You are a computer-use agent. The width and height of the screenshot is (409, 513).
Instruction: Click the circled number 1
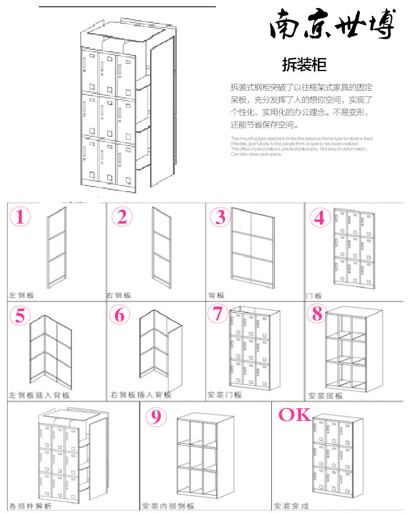pos(20,217)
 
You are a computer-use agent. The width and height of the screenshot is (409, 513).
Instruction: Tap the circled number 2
pos(122,217)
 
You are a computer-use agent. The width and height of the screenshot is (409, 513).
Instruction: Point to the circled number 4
pos(320,218)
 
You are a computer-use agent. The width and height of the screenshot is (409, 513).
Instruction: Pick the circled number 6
pos(120,315)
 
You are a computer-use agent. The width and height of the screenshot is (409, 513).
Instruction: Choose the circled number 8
pos(317,313)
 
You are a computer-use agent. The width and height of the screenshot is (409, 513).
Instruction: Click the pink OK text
pos(295,415)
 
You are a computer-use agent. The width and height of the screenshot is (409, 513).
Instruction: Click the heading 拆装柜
pos(304,65)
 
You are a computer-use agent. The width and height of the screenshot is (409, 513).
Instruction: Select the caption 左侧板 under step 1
pos(21,295)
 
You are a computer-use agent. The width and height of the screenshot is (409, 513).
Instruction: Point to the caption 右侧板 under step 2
pos(119,295)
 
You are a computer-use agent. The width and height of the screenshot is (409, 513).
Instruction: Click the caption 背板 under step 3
pos(215,295)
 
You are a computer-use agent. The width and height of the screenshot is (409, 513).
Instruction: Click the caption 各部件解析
pos(30,506)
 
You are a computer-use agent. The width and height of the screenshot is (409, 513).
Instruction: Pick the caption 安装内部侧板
pos(168,506)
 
